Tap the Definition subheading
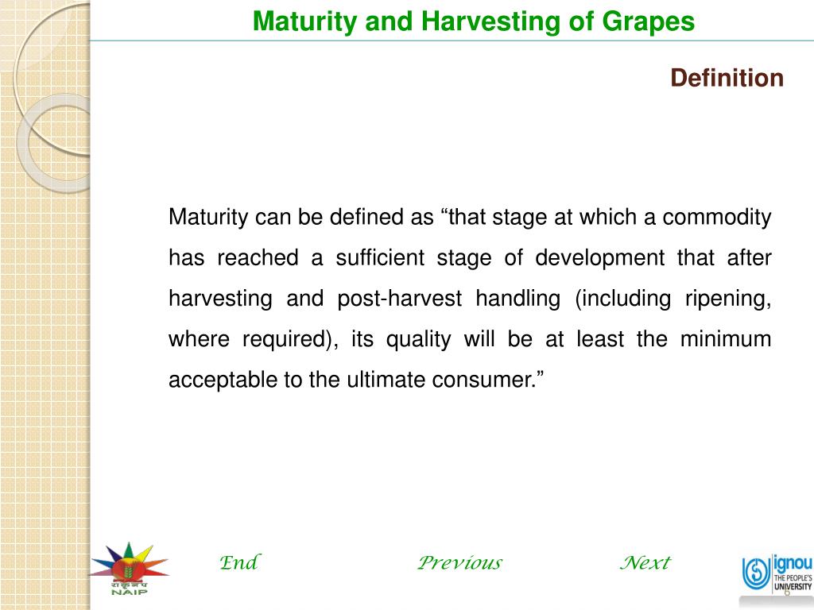point(727,78)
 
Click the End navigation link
point(238,563)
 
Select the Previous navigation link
point(459,563)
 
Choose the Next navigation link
point(645,563)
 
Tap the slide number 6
point(786,592)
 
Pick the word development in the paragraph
point(599,258)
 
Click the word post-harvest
point(399,299)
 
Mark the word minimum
point(726,339)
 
